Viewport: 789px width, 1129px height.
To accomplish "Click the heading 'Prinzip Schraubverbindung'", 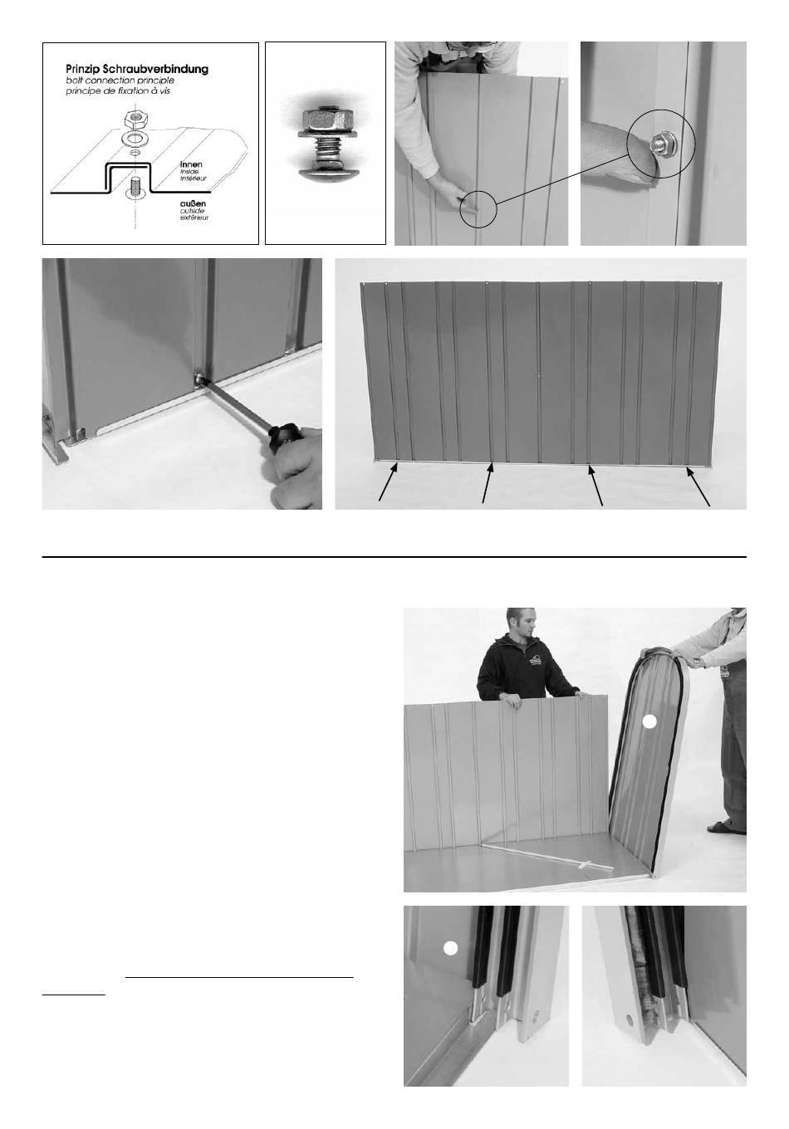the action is (x=137, y=69).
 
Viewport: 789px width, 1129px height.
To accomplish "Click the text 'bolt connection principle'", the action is (x=120, y=81).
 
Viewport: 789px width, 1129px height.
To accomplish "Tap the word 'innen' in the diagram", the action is (x=191, y=164).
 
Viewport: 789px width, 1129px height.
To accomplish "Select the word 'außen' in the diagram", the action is (x=193, y=203).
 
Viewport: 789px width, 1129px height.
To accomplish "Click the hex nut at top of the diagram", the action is (x=135, y=120).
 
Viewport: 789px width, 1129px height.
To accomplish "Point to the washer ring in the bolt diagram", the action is (x=135, y=139).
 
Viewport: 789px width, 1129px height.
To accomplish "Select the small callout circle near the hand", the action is (x=478, y=209).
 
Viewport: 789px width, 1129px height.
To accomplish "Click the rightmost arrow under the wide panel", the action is (x=698, y=486).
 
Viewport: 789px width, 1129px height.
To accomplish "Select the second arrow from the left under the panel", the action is (x=488, y=483).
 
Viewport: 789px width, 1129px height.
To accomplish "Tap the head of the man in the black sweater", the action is (x=520, y=623).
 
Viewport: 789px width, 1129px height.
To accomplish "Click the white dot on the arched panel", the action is (x=649, y=721).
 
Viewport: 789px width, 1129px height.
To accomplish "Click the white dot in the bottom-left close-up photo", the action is (x=450, y=948).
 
